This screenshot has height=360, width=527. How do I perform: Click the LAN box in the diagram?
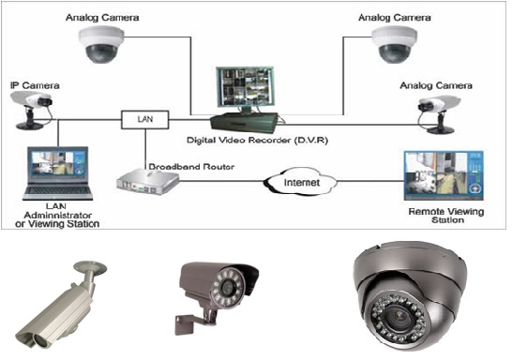point(144,119)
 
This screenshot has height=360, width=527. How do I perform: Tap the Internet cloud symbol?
point(301,182)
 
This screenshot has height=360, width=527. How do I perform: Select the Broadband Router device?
point(147,182)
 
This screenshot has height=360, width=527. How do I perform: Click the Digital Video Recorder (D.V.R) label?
point(257,140)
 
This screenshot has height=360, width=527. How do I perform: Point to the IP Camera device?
point(31,110)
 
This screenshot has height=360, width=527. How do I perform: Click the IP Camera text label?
point(35,85)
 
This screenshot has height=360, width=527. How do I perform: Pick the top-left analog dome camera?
point(101,44)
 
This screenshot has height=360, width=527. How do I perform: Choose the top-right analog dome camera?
point(395,44)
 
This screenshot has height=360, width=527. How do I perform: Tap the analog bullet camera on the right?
point(439,114)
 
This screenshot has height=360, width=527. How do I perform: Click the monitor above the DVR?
point(246,89)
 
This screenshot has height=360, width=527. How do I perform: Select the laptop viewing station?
point(57,173)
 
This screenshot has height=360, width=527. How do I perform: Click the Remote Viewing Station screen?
point(444,175)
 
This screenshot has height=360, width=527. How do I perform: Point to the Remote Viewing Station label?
point(446,216)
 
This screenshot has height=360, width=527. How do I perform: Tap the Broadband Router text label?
point(191,166)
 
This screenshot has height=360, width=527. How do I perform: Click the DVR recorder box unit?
point(245,123)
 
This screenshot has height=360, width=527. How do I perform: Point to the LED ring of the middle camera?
point(228,288)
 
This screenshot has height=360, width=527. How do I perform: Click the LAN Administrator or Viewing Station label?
point(57,215)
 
